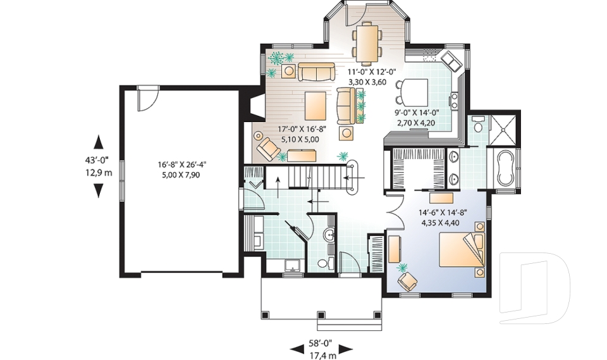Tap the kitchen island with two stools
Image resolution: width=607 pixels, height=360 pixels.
click(x=414, y=92)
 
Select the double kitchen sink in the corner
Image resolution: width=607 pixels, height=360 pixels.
click(x=451, y=62)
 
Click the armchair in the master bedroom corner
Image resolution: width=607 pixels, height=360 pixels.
click(x=405, y=278)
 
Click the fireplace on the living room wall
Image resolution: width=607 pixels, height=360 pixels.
click(x=255, y=106)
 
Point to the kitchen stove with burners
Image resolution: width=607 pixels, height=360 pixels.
click(x=453, y=99)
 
